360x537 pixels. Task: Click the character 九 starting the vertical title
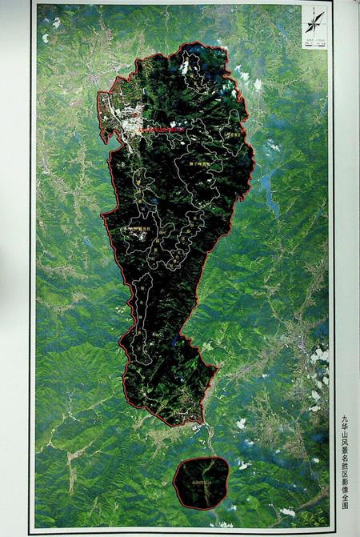(345, 418)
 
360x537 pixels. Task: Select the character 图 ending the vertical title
(345, 507)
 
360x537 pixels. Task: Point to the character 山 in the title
(345, 438)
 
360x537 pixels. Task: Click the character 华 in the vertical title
(345, 427)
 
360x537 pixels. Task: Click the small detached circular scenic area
(201, 483)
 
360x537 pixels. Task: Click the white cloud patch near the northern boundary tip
(185, 67)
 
